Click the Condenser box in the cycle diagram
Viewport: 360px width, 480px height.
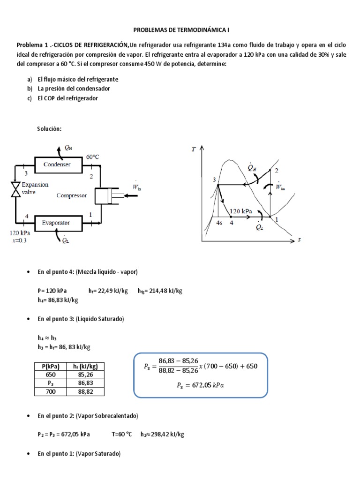coord(57,165)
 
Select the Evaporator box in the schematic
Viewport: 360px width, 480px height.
coord(56,223)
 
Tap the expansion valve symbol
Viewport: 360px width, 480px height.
coord(16,189)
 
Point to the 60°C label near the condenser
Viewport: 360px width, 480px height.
coord(92,157)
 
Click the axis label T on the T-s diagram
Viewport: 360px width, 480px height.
coord(194,150)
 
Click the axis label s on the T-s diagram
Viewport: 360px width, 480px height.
coord(299,240)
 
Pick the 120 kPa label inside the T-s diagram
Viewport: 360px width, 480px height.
coord(241,211)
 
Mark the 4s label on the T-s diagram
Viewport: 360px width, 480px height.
coord(219,223)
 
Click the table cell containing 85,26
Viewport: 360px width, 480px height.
coord(85,375)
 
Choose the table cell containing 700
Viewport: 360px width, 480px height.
coord(50,392)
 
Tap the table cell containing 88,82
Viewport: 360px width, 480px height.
coord(85,392)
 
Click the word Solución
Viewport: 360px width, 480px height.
coord(49,129)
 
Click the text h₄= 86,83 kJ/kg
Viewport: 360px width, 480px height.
coord(58,300)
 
